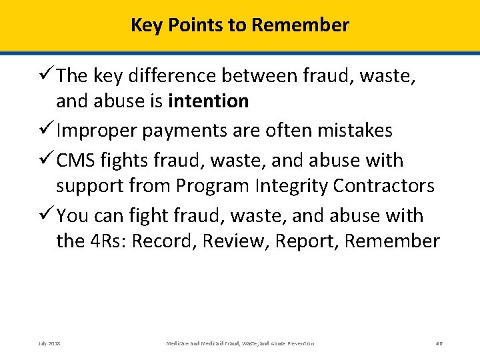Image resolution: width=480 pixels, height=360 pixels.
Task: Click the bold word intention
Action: [x=209, y=101]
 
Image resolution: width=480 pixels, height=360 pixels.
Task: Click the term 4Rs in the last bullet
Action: [x=104, y=241]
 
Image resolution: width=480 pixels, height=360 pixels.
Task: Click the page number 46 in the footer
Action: [x=439, y=343]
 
